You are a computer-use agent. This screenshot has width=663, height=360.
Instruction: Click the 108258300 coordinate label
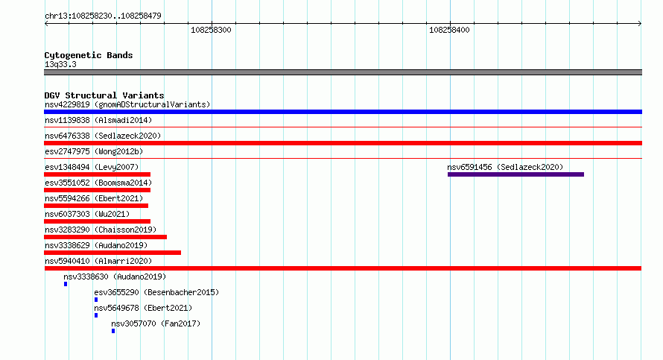(211, 30)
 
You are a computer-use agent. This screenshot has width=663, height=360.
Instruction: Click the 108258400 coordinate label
(449, 30)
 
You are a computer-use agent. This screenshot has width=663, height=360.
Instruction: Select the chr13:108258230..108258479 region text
(103, 16)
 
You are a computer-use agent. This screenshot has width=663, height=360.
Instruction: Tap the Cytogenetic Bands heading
(89, 55)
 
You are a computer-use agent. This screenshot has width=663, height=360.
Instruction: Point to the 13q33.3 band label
(60, 64)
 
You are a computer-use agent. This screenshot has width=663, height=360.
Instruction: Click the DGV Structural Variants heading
(104, 95)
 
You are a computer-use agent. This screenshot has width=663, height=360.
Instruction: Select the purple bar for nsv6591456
(516, 174)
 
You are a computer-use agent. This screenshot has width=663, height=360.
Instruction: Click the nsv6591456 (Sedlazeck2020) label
(505, 167)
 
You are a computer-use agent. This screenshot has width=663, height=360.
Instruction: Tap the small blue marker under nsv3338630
(66, 284)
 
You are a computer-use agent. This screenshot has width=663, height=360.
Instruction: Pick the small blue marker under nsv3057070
(113, 331)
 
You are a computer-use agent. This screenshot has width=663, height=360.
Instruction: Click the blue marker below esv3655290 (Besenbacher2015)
(96, 300)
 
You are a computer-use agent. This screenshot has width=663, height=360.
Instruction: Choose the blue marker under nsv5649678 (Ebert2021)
(96, 315)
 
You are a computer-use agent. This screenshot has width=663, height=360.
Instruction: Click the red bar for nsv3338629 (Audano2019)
(112, 253)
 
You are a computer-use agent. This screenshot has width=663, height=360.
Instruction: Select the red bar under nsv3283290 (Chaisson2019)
(105, 237)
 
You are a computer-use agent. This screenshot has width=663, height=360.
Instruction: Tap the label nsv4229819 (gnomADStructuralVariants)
(127, 104)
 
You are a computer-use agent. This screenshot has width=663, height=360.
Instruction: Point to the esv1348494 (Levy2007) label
(92, 167)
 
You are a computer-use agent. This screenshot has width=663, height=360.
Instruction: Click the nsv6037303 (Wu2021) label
(87, 214)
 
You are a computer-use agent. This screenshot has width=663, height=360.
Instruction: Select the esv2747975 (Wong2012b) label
(94, 151)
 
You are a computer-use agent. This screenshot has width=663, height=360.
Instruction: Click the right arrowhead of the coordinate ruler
(641, 24)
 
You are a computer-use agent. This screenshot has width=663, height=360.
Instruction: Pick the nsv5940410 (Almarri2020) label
(98, 261)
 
